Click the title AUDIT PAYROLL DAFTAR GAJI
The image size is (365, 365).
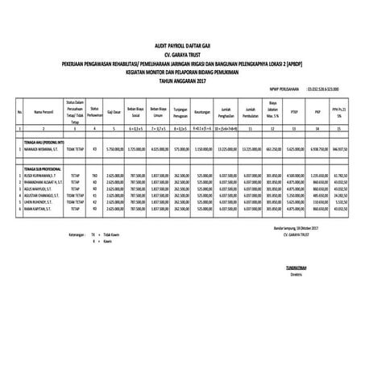[182, 48]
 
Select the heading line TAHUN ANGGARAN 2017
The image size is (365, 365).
[182, 81]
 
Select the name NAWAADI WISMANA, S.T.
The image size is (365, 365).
[42, 148]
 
